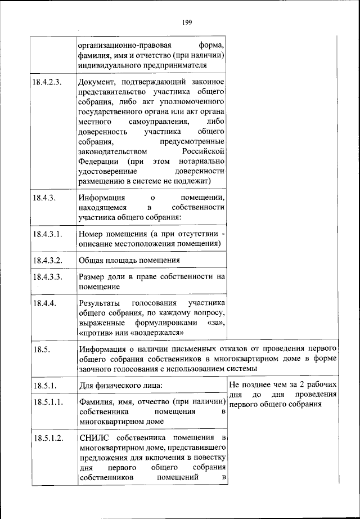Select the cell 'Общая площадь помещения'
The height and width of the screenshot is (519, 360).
[x=129, y=260]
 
